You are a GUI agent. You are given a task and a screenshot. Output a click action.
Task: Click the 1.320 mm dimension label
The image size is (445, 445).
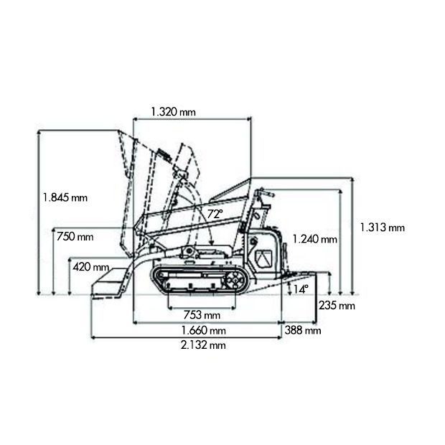click(x=174, y=112)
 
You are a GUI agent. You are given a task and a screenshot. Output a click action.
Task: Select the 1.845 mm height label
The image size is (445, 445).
click(x=65, y=197)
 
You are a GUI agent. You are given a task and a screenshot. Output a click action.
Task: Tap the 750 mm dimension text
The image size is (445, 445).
click(x=75, y=236)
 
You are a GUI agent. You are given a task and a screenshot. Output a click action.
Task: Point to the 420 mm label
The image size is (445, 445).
click(x=91, y=267)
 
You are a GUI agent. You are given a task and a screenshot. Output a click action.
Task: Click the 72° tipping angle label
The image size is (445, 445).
click(x=215, y=214)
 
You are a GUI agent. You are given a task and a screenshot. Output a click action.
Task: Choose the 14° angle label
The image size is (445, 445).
click(x=301, y=289)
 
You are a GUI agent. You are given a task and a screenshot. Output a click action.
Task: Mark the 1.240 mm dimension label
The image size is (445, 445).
click(x=315, y=239)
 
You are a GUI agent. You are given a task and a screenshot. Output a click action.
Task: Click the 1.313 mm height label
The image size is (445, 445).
click(x=383, y=228)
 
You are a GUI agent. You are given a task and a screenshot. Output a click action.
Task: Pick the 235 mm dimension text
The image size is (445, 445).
click(x=337, y=306)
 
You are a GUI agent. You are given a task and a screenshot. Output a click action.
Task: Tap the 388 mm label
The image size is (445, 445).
click(x=303, y=330)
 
